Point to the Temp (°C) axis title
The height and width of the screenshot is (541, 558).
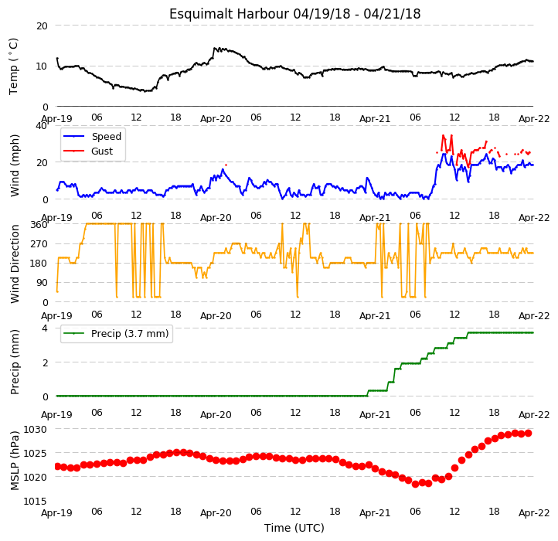[13, 66]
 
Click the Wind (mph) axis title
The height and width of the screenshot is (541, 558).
[15, 165]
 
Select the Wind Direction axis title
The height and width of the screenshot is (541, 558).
[15, 264]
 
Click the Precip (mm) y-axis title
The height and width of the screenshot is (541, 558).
[15, 362]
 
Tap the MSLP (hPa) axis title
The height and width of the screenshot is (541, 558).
[15, 461]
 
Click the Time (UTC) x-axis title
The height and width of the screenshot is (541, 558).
[294, 528]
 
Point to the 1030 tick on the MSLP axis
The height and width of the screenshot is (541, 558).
[35, 430]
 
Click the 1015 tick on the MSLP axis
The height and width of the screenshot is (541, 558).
[35, 502]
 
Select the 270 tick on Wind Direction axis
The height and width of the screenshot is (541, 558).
[39, 244]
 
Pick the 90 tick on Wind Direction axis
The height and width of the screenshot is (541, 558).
[42, 283]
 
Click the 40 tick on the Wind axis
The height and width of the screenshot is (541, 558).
[42, 126]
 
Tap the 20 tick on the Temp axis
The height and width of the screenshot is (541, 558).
[42, 26]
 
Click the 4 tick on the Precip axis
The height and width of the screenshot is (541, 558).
[45, 328]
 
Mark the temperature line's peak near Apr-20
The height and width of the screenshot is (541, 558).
[214, 48]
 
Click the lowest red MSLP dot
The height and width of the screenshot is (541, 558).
[415, 485]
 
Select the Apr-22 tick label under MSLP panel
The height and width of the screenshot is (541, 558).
[534, 513]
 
